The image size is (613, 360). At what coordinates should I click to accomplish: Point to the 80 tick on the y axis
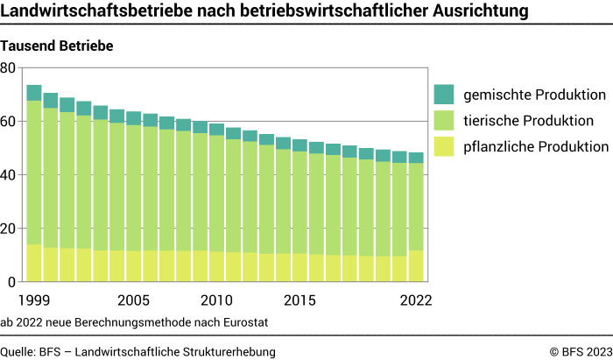click(x=9, y=67)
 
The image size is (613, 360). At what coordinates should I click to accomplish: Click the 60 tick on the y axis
click(x=9, y=122)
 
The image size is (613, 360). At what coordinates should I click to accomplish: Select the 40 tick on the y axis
click(x=9, y=175)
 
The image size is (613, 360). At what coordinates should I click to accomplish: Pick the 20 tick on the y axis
click(x=9, y=229)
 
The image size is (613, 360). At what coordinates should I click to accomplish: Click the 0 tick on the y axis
click(x=12, y=282)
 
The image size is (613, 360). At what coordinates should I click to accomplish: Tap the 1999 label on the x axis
click(x=34, y=300)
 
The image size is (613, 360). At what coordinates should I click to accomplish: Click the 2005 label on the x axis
click(x=134, y=300)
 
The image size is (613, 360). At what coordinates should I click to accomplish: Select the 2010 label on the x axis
click(x=217, y=300)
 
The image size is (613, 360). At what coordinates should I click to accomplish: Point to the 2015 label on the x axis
click(x=300, y=300)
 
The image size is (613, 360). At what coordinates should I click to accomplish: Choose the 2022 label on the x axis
click(x=417, y=300)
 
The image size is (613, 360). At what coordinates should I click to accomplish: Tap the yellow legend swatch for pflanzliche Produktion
click(x=444, y=146)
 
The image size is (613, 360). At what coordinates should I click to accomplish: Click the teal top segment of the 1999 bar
click(x=34, y=93)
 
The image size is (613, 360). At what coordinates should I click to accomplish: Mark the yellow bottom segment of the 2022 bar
click(x=417, y=266)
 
